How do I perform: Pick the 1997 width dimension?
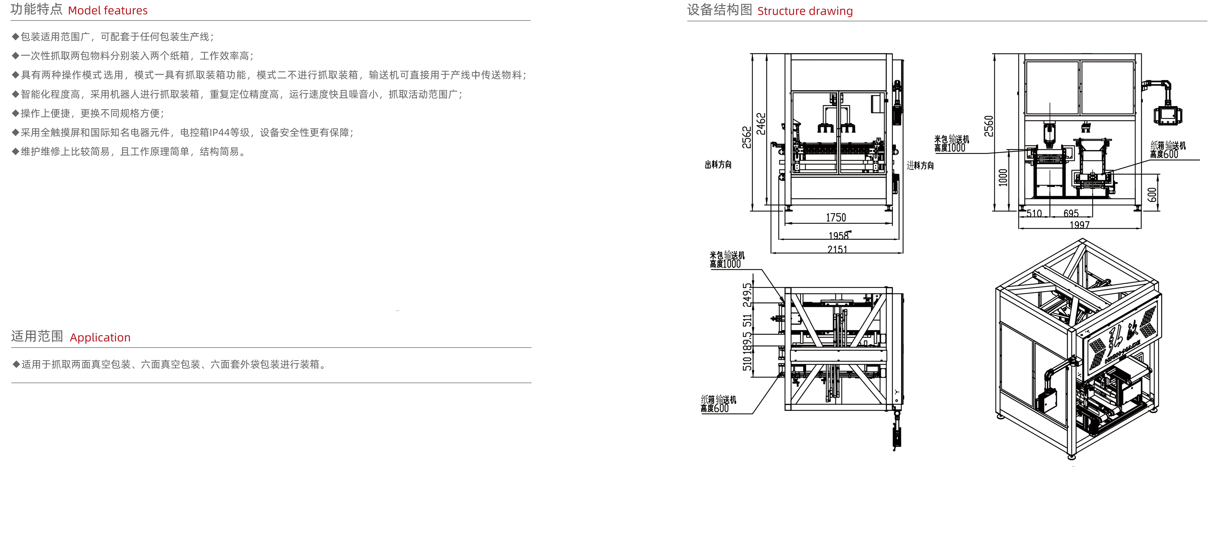coord(1079,225)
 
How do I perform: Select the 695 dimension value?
coord(1071,214)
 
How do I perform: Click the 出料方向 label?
coord(718,165)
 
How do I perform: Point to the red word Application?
coord(100,338)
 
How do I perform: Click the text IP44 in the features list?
coord(219,133)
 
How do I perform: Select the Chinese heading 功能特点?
coord(36,9)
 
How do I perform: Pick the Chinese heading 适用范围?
coord(37,336)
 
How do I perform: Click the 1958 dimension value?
coord(838,235)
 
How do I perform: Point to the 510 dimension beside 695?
coord(1034,214)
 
